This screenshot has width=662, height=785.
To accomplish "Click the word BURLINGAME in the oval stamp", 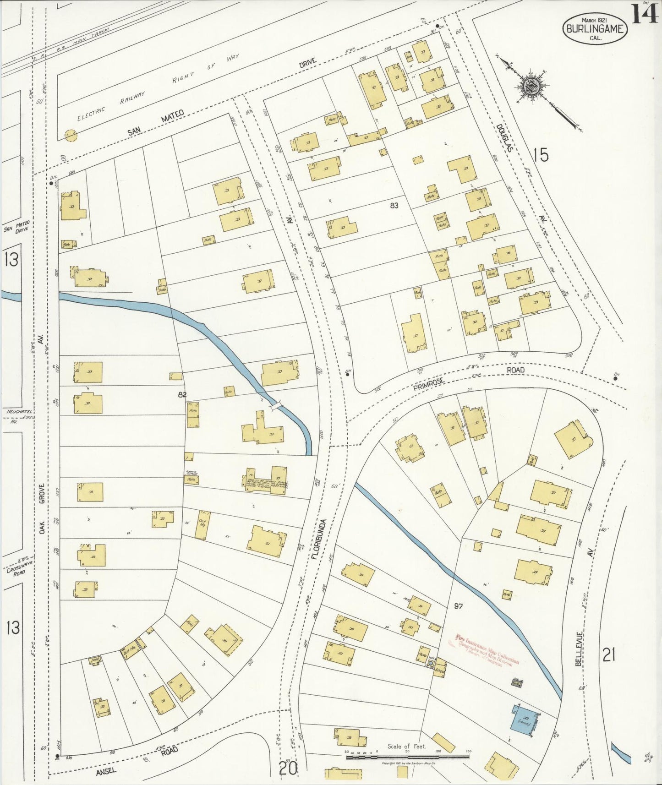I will tap(595, 29).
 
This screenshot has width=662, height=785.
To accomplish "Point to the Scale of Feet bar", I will tap(407, 756).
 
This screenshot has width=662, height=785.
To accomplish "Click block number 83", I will tap(394, 206).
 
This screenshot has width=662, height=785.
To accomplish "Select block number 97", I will tap(458, 606).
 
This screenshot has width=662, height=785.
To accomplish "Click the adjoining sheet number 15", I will tap(541, 155).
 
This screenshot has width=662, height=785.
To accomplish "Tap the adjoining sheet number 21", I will tap(608, 655).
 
